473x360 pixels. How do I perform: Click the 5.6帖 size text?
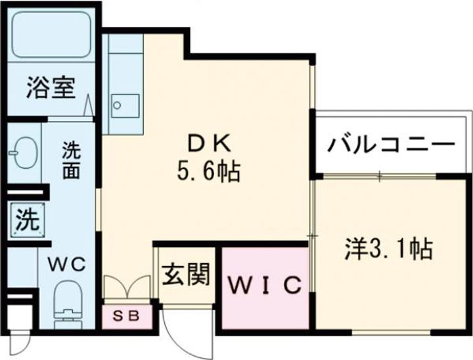[x=206, y=172]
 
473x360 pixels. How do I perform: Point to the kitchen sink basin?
[x=125, y=104]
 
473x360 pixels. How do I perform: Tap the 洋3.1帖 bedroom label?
[x=388, y=249]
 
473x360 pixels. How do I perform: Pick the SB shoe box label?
[x=127, y=316]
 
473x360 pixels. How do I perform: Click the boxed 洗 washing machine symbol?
[x=26, y=219]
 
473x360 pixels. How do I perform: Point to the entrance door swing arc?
[x=181, y=332]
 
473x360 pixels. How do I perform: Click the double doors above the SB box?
[x=127, y=288]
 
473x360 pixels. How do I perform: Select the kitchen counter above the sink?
[x=124, y=59]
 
